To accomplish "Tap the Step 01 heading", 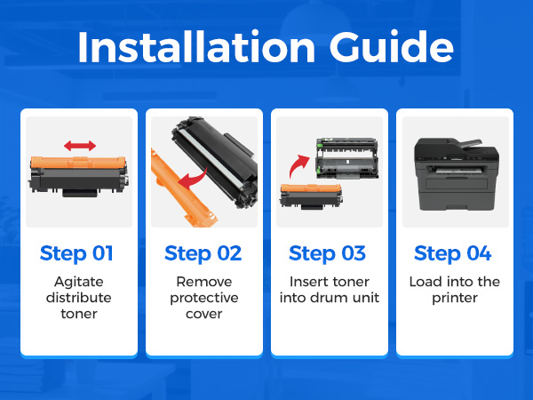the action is point(76,253).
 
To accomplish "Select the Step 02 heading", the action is point(203,253).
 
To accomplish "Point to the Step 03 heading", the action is point(327,253).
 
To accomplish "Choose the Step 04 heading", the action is point(453,253).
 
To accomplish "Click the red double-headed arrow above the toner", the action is point(80,146).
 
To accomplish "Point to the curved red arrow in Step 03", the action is point(298,166).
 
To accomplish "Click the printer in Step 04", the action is point(457,173).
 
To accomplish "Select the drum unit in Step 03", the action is point(347,158).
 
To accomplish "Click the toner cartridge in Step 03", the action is point(311,196).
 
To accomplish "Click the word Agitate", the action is point(79,283).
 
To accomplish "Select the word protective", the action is point(204,299).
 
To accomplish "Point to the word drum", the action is point(329,298).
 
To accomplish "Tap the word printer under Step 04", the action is point(455,299).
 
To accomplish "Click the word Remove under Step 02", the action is point(204,282).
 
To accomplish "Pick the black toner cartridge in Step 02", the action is point(215,161).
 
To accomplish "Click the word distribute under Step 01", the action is point(79,298).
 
